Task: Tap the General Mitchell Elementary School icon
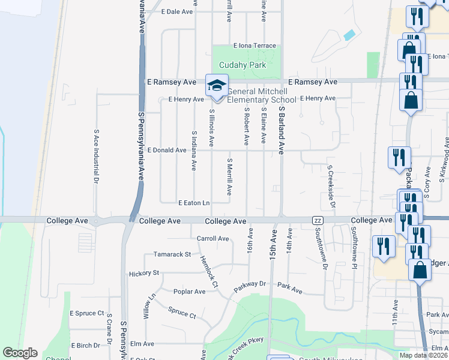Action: click(217, 86)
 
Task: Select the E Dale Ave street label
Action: click(178, 11)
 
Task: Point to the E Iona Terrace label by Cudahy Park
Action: click(255, 46)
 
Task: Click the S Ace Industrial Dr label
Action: click(96, 155)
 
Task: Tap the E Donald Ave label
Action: click(167, 150)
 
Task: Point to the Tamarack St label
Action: click(172, 254)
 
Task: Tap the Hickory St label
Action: click(144, 273)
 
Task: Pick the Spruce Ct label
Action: click(182, 313)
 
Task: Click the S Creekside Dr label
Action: click(330, 184)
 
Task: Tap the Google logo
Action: click(20, 353)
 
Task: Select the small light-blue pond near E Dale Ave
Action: click(349, 35)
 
